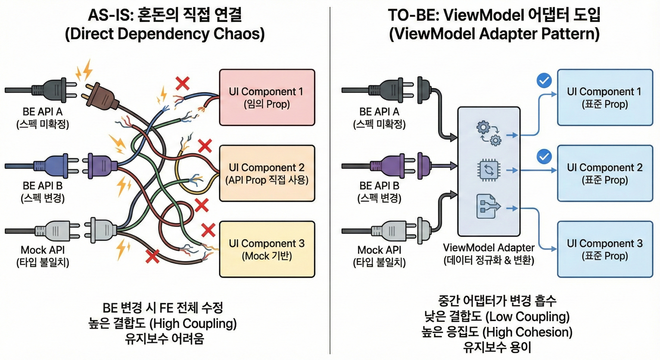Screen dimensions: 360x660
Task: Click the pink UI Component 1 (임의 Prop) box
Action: point(267,97)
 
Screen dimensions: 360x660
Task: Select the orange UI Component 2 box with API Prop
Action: point(267,173)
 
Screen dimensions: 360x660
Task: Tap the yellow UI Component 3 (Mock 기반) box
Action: point(267,249)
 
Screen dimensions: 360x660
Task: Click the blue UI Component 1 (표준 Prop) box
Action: point(605,97)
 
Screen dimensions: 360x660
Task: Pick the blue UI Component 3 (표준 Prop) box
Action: point(605,249)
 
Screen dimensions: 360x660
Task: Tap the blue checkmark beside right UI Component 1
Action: point(544,81)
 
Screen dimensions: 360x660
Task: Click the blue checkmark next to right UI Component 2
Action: point(544,157)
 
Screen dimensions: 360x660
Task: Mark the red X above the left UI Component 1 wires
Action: point(183,83)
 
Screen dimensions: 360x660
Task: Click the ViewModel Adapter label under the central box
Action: point(488,248)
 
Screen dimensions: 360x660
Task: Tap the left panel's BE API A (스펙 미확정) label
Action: point(43,118)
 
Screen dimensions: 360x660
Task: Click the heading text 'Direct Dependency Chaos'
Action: point(165,34)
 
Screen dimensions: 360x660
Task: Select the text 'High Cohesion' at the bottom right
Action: point(528,332)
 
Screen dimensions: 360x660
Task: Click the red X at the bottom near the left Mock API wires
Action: point(152,257)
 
